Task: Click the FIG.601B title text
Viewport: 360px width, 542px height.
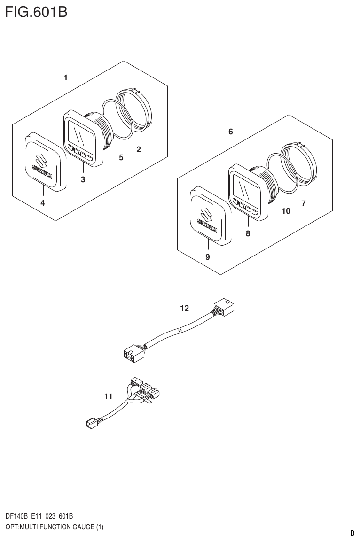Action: pos(36,11)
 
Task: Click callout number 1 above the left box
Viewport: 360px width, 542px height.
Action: pos(66,77)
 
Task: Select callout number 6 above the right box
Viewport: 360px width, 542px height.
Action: pos(231,132)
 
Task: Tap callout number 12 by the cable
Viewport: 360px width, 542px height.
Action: pos(184,308)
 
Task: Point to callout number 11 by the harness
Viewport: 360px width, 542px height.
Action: pos(108,397)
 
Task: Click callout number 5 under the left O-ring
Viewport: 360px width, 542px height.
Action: pos(121,157)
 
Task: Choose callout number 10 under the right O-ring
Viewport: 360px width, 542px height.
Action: pos(286,211)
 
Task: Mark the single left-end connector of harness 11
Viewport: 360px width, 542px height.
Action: pos(91,424)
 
